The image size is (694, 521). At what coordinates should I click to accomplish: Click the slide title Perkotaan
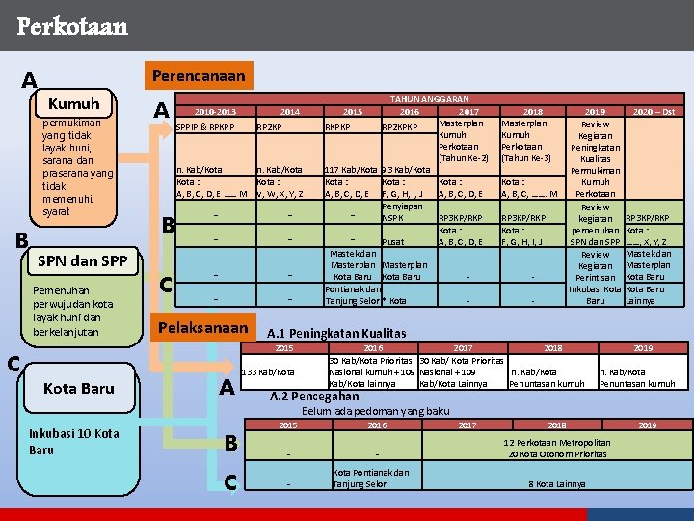(72, 26)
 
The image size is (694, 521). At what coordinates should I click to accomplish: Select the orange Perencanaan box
(197, 75)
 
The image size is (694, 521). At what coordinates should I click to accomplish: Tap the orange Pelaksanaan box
(207, 328)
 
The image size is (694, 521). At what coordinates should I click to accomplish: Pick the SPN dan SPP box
(81, 260)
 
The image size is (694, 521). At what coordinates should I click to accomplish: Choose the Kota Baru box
(79, 388)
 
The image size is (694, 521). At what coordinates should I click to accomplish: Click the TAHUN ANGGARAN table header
(429, 98)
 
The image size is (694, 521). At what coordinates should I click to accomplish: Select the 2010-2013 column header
(214, 112)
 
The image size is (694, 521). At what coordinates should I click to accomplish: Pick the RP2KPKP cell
(399, 125)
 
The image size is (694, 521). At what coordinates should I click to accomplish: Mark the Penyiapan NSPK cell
(402, 212)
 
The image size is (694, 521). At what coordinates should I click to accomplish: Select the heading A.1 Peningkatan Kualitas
(336, 334)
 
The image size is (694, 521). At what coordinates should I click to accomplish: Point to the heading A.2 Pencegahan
(314, 396)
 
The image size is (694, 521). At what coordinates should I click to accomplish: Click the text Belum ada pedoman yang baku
(376, 411)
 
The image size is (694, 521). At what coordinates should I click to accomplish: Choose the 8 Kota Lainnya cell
(556, 484)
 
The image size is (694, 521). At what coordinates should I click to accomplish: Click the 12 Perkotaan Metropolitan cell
(557, 444)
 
